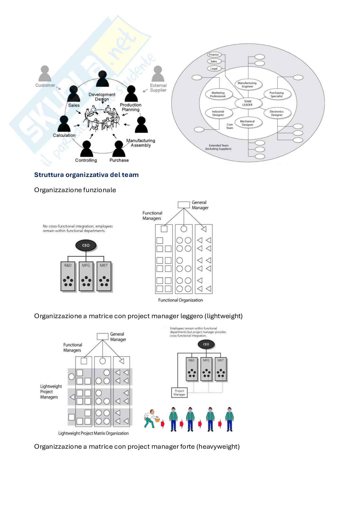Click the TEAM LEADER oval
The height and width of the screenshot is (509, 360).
click(247, 103)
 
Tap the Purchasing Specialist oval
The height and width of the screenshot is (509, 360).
click(276, 94)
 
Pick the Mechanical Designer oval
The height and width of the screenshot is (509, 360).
click(247, 123)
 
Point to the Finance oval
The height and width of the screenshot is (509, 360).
click(214, 54)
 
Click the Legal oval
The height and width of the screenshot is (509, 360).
click(214, 68)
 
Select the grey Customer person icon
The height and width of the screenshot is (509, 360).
click(45, 74)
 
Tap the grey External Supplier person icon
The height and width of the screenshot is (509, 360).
click(158, 74)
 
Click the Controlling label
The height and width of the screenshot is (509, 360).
click(86, 160)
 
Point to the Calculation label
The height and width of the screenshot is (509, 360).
click(64, 135)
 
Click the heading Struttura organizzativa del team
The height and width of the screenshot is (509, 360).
click(86, 175)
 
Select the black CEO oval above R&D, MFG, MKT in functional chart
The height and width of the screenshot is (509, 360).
click(86, 245)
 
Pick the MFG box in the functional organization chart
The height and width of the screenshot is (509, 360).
click(86, 276)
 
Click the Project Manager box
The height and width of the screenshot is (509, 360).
click(179, 393)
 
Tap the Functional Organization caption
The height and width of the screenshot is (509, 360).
click(180, 300)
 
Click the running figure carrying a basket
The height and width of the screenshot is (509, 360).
click(151, 418)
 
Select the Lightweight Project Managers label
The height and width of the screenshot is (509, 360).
click(51, 392)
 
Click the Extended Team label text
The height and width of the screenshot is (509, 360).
click(218, 147)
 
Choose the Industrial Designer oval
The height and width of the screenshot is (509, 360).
click(218, 113)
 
